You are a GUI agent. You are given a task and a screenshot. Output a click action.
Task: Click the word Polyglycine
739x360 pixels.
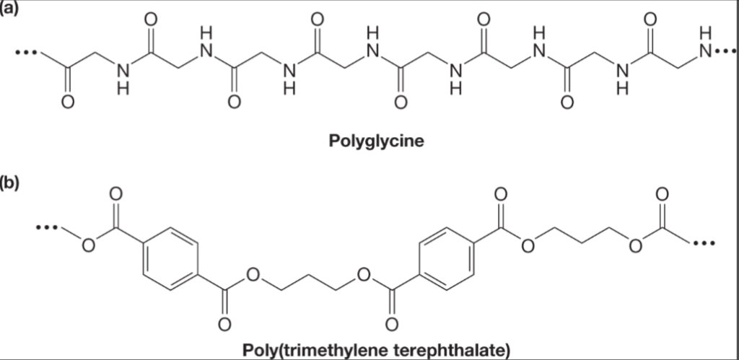point(376,139)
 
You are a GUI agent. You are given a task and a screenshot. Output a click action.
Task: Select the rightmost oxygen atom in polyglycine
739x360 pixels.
point(649,20)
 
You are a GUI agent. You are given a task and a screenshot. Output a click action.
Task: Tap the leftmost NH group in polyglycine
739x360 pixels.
point(123,78)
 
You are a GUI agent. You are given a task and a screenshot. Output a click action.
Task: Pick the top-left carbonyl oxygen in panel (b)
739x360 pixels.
point(116,195)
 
